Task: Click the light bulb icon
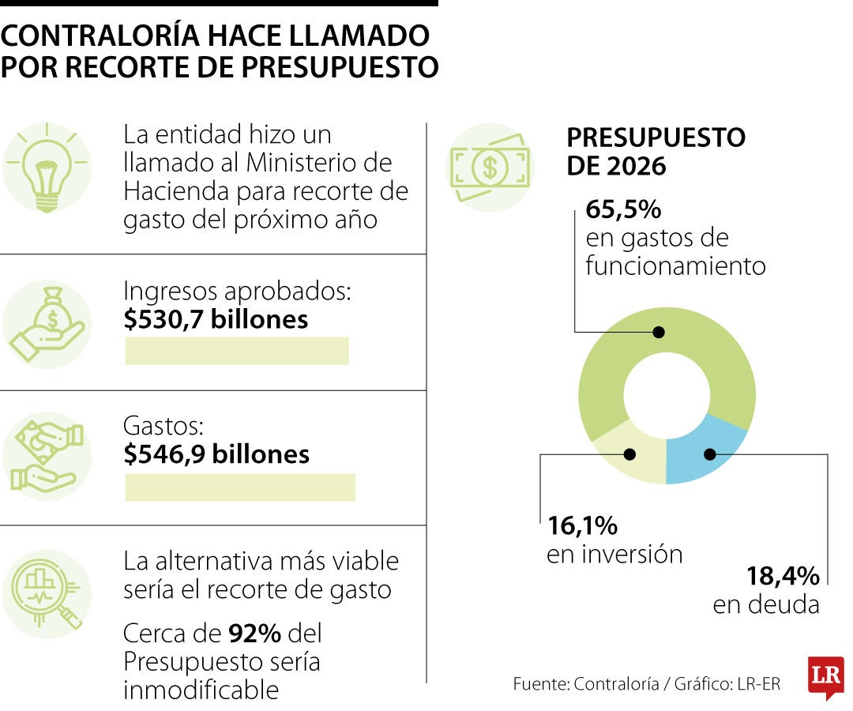47,167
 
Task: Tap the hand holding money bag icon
47,323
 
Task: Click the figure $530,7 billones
216,320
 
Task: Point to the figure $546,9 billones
216,454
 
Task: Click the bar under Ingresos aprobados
237,351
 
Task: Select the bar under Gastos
240,487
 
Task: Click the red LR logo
825,676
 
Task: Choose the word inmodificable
201,690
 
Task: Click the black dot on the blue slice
709,454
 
